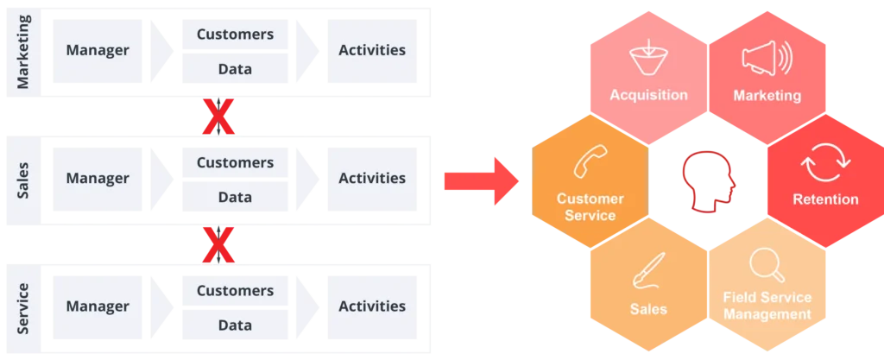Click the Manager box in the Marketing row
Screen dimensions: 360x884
[98, 50]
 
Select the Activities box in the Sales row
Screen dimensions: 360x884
[371, 179]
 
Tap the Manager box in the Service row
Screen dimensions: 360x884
[98, 306]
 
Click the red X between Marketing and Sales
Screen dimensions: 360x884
[218, 118]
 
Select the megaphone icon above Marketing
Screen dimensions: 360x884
[767, 60]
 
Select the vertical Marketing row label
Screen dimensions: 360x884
[24, 52]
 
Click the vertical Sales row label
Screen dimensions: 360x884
[24, 180]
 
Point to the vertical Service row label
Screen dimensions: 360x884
[24, 306]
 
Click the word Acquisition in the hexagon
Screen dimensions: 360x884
[648, 95]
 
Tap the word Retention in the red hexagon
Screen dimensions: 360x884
[825, 199]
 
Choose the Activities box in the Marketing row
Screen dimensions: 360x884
[371, 50]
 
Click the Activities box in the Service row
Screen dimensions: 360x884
[371, 306]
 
